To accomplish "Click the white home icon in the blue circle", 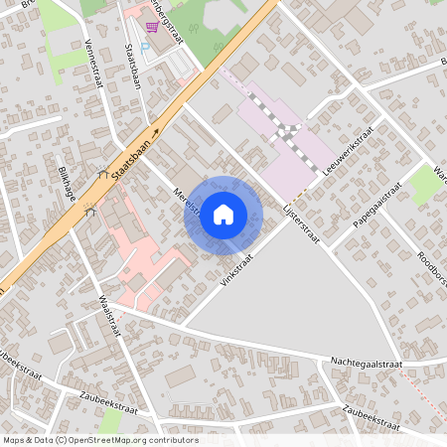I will (223, 214).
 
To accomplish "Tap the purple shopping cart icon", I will (150, 29).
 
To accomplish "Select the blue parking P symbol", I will (146, 46).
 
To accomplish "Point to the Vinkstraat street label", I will (237, 268).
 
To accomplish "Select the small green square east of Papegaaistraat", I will (428, 184).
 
